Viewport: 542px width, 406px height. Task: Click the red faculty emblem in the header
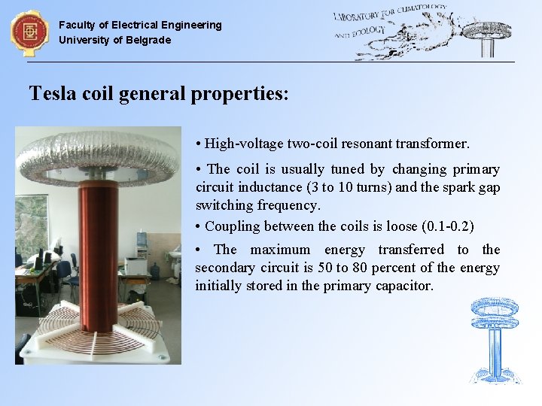[29, 32]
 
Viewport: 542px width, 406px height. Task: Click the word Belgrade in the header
[148, 40]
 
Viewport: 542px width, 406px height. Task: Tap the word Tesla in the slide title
[50, 93]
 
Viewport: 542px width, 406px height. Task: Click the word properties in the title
[240, 94]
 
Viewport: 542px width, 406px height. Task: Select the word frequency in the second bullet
[288, 205]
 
